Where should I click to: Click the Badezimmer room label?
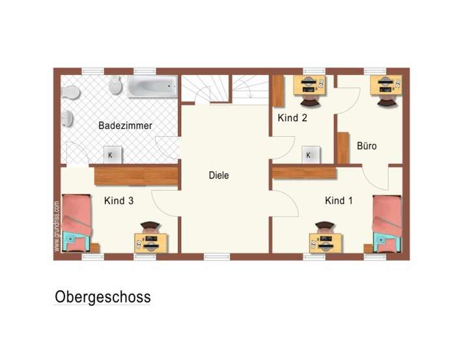(x=125, y=126)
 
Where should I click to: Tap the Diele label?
(x=219, y=175)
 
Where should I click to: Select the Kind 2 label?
(x=292, y=118)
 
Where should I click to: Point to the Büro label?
(x=367, y=146)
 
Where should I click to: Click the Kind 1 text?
(x=339, y=201)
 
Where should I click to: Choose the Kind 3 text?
(x=119, y=201)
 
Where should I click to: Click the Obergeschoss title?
(x=103, y=298)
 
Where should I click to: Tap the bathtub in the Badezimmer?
(x=152, y=86)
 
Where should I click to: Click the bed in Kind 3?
(x=77, y=222)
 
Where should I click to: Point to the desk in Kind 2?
(x=309, y=85)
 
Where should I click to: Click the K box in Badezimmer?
(x=111, y=154)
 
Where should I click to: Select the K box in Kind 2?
(x=309, y=154)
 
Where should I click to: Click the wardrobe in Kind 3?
(x=135, y=175)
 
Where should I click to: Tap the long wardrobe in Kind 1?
(x=304, y=172)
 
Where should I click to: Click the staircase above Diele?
(x=224, y=89)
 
